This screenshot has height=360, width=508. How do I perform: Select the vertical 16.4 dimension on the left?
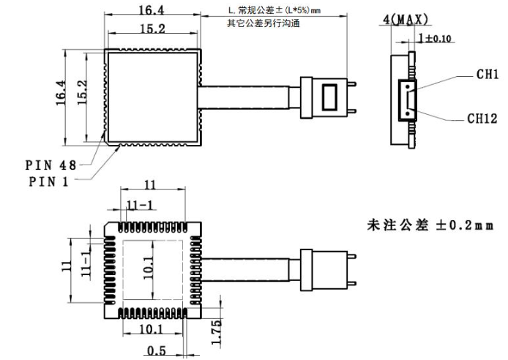point(60,94)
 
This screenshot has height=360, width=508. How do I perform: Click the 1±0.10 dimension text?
point(435,37)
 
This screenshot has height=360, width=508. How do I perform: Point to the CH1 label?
point(487,74)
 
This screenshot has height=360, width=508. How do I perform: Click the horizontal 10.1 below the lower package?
point(152,331)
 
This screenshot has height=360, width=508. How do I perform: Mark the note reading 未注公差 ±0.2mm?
point(430,225)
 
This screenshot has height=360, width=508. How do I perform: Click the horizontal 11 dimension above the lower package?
point(149,185)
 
